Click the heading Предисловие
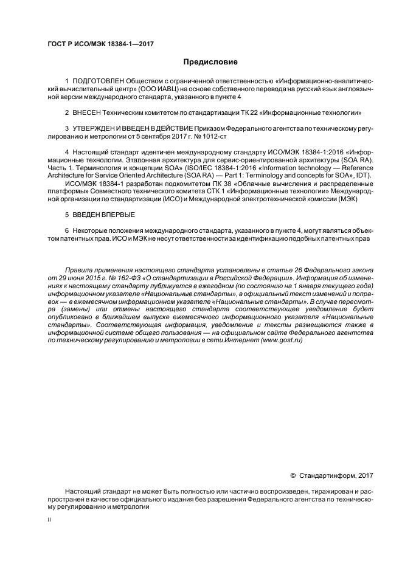click(x=210, y=62)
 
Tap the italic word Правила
click(x=78, y=269)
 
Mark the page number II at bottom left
click(x=49, y=521)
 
